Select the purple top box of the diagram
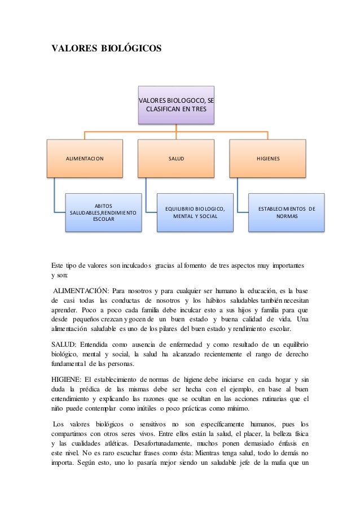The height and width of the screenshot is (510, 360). [177, 105]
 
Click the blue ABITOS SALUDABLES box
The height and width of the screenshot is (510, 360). [103, 212]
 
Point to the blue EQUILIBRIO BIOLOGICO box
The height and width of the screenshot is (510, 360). [195, 212]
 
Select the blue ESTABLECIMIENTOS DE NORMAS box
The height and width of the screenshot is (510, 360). [287, 212]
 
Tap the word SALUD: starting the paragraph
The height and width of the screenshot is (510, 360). [63, 345]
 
